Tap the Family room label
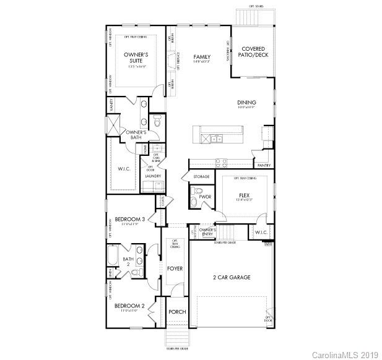point(202,56)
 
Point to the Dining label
point(246,103)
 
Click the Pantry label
point(263,166)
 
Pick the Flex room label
point(245,195)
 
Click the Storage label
point(201,177)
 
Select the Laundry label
point(153,176)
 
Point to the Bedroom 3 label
point(130,219)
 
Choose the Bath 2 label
point(128,262)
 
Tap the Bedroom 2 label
point(129,306)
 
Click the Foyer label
point(175,268)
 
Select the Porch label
point(177,312)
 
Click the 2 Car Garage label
point(232,277)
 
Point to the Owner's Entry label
point(206,232)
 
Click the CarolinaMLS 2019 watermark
point(344,354)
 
